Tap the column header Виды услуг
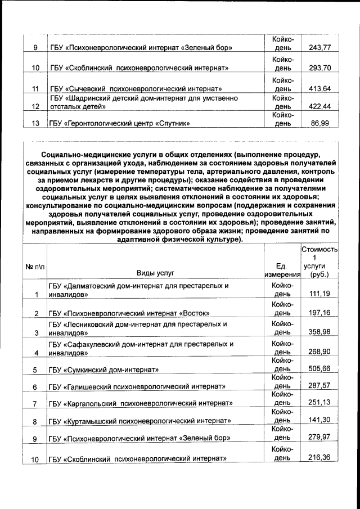click(x=155, y=274)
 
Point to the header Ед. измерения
click(x=282, y=270)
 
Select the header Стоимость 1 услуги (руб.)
click(x=319, y=262)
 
